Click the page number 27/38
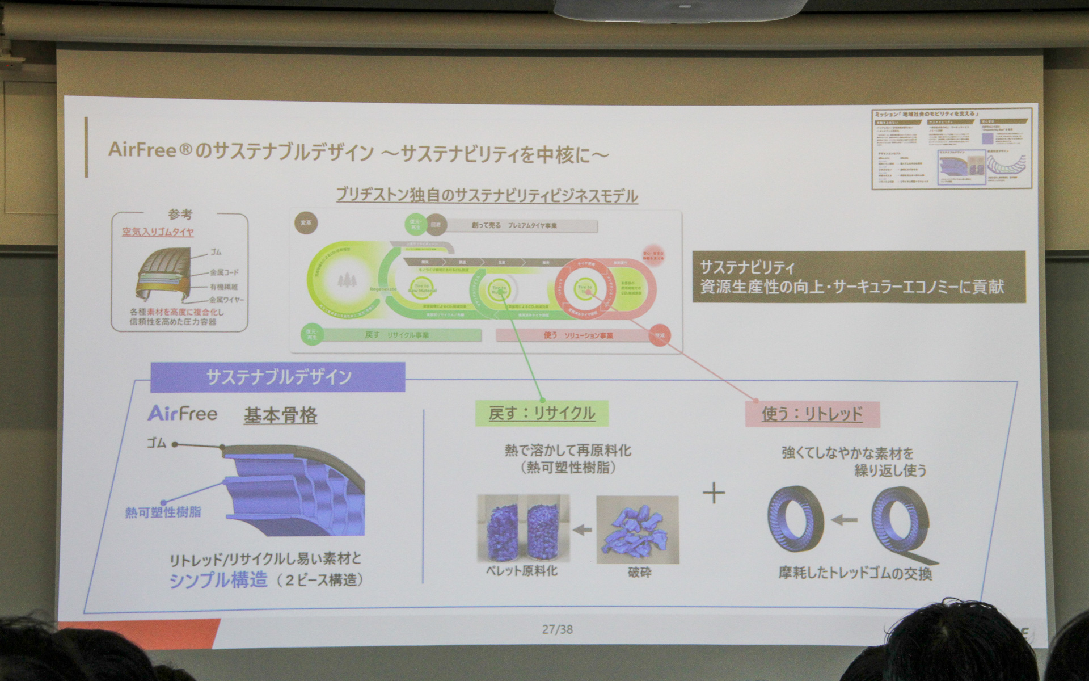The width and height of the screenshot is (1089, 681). [x=557, y=629]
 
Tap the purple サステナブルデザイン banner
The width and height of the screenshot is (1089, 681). [x=278, y=377]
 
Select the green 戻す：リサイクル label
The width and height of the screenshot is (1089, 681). [x=542, y=414]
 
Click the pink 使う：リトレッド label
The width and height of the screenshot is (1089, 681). [x=812, y=414]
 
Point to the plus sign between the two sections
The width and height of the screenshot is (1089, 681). [x=714, y=493]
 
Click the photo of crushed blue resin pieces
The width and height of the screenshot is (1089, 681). [x=638, y=529]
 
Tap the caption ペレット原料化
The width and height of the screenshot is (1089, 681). [x=521, y=571]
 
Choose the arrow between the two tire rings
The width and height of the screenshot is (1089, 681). [x=844, y=519]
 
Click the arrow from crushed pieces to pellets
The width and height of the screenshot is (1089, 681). [x=583, y=530]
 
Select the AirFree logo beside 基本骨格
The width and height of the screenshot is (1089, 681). [x=183, y=413]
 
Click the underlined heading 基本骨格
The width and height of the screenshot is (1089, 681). [x=280, y=416]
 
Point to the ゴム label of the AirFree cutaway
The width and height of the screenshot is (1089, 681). [x=156, y=443]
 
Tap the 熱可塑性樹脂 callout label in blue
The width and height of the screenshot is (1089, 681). [x=163, y=512]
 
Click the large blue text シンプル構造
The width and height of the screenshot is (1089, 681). [x=218, y=580]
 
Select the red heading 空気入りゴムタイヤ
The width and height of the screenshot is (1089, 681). [x=158, y=232]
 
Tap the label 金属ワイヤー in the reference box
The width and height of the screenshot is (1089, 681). [x=226, y=300]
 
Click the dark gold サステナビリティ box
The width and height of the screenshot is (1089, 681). [x=858, y=276]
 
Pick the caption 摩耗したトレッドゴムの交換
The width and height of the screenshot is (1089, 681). [x=855, y=574]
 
